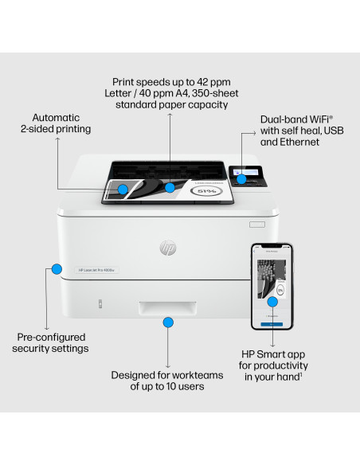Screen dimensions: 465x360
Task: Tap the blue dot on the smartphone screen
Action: tap(272, 303)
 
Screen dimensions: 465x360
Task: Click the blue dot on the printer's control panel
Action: tap(240, 178)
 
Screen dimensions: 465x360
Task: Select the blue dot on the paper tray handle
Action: tap(168, 322)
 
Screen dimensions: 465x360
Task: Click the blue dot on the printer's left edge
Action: tap(56, 268)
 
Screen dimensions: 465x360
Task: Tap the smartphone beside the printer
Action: tap(272, 287)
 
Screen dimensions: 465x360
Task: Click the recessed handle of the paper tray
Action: tap(168, 309)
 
